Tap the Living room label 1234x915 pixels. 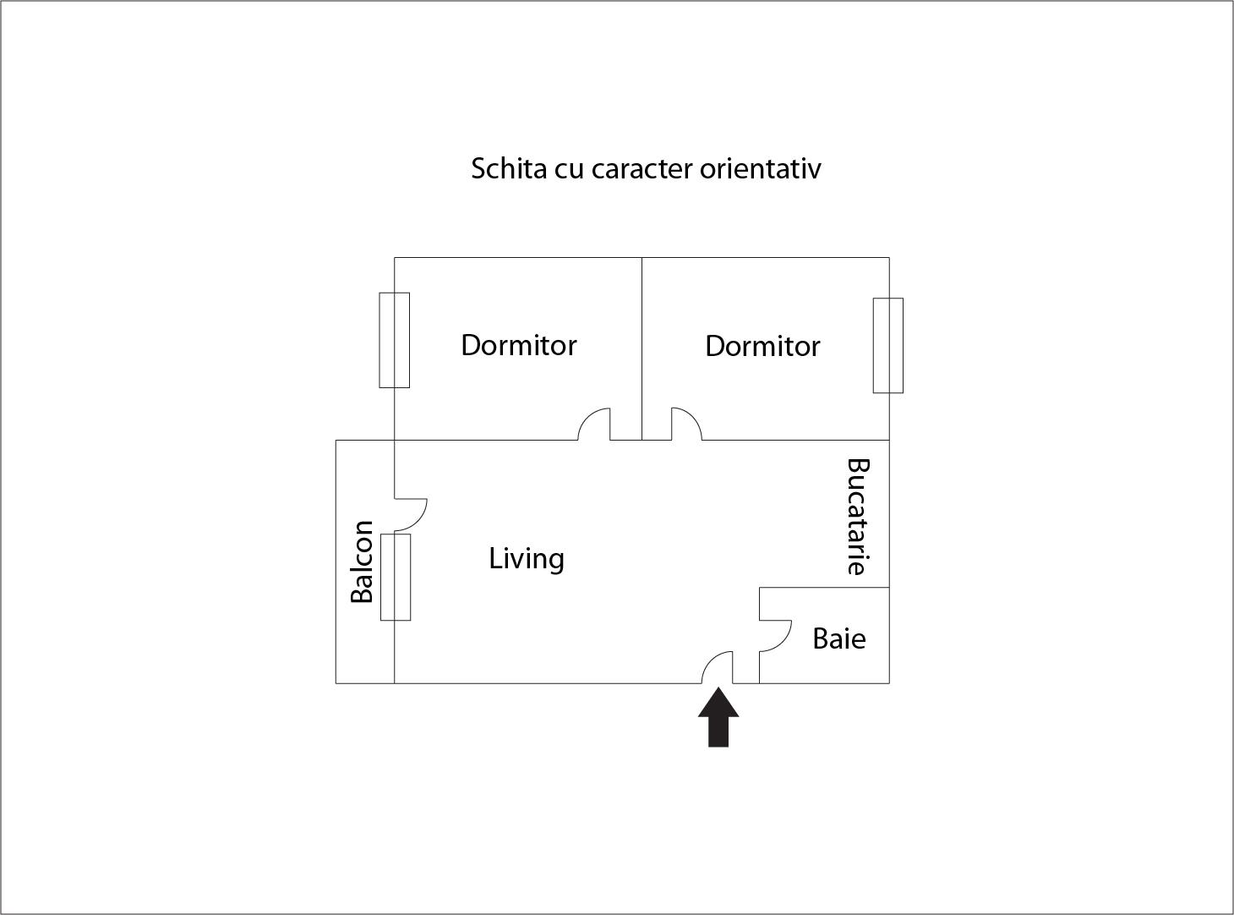coord(527,559)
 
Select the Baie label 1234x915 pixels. coord(839,638)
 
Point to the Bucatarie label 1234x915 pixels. coord(859,516)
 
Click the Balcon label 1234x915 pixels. coord(362,562)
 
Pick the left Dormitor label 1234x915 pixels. coord(518,345)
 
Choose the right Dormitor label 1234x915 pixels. coord(762,347)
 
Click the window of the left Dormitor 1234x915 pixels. coord(395,340)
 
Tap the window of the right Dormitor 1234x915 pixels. coord(888,345)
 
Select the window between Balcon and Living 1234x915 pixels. coord(396,577)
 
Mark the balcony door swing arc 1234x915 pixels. coord(419,522)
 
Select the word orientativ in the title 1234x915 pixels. coord(761,169)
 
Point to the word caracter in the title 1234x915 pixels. coord(642,169)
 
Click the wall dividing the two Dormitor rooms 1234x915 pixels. coord(642,348)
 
